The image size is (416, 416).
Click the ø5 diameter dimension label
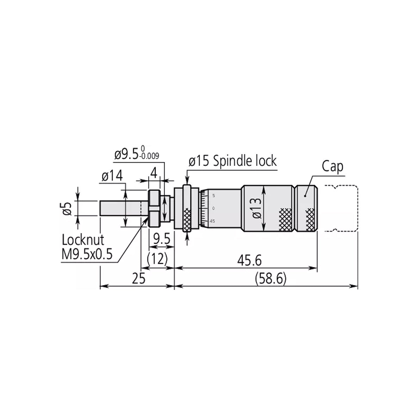[x=68, y=208]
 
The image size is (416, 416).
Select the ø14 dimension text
[x=112, y=176]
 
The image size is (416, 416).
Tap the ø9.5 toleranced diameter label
[x=127, y=155]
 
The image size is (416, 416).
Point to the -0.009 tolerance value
[x=149, y=157]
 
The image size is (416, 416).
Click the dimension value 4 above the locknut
[x=154, y=173]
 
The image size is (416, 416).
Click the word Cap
[x=332, y=167]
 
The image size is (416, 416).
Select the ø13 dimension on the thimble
[x=256, y=207]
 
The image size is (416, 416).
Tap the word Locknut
[x=83, y=240]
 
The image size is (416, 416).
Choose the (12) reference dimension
[x=156, y=260]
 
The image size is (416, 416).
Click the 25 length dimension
[x=138, y=279]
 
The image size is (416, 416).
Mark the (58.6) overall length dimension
[x=271, y=279]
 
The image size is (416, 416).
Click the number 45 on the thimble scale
[x=212, y=221]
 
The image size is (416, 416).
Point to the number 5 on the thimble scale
[x=213, y=195]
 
